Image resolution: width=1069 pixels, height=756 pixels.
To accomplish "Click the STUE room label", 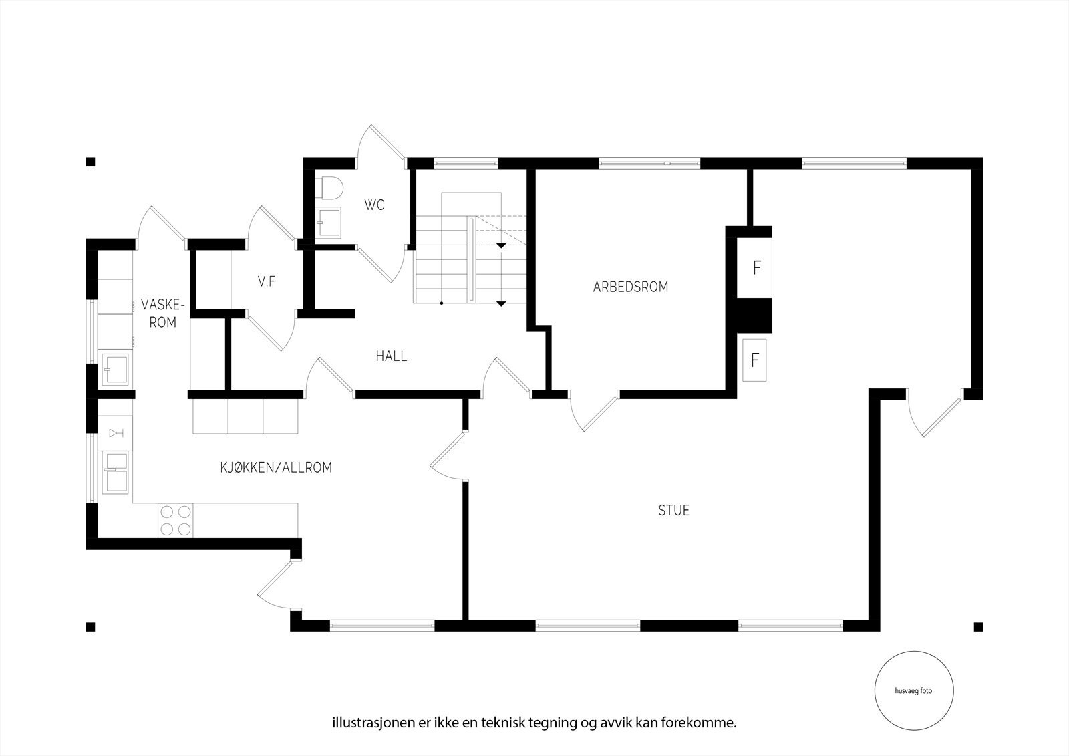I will (673, 511).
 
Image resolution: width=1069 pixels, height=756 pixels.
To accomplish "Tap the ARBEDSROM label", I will (630, 287).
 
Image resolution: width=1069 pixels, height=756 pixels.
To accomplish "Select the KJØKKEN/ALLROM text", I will (276, 467).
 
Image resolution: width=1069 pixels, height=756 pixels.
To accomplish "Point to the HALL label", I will (391, 356).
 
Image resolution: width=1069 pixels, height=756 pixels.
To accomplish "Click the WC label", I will (374, 205).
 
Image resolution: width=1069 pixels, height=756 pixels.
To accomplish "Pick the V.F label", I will (267, 282).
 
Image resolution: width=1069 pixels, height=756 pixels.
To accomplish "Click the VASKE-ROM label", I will (161, 313).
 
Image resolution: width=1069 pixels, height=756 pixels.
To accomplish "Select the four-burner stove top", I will (176, 520).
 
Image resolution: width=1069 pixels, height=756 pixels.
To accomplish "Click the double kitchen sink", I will (115, 472).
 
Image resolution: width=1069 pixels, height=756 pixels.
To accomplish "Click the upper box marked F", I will (756, 267).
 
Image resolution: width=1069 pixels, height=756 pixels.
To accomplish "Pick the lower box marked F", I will (755, 360).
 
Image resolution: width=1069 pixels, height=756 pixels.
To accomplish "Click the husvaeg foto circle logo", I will (913, 691).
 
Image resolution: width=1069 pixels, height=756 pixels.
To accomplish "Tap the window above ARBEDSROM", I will (649, 162).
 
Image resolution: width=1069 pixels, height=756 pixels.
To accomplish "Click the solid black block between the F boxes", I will (754, 316).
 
